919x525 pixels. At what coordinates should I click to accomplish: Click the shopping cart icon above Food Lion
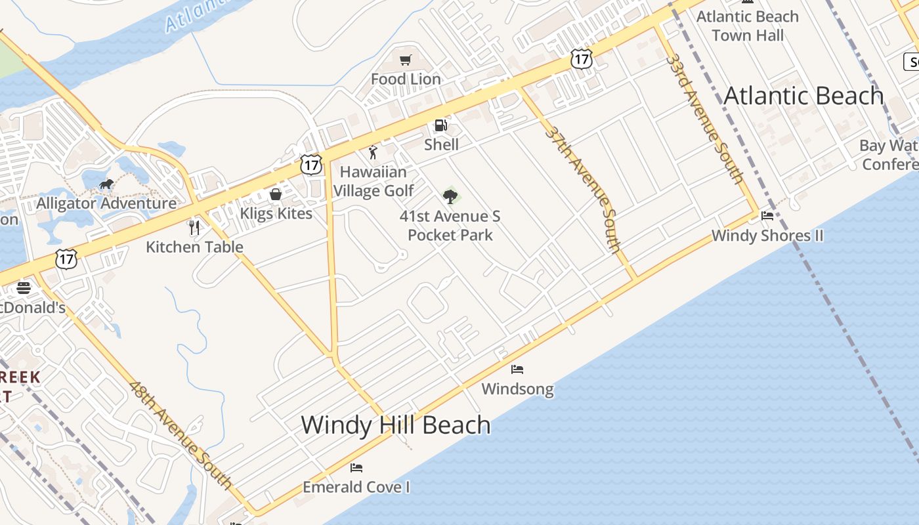[406, 60]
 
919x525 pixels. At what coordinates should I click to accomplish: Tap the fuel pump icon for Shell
[441, 125]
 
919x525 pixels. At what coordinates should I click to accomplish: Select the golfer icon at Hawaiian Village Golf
[373, 153]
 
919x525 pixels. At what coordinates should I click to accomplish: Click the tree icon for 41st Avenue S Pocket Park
[450, 196]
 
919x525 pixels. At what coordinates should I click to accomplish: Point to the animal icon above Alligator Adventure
[106, 184]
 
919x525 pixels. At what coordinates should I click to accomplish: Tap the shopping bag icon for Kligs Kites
[276, 194]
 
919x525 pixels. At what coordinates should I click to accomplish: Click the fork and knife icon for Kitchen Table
[194, 228]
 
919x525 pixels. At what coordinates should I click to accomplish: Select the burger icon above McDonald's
[24, 288]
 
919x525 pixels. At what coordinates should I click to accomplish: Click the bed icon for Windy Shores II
[767, 216]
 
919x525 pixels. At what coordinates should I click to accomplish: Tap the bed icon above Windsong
[517, 369]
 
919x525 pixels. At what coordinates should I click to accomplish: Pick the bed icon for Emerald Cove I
[356, 468]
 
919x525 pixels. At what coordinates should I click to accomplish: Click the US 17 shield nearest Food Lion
[581, 59]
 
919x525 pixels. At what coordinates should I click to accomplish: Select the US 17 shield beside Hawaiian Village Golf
[311, 165]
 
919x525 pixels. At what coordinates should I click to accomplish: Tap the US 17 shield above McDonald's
[66, 259]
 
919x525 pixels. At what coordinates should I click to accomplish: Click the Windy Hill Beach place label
[396, 425]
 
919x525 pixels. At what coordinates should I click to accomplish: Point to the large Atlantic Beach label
[803, 96]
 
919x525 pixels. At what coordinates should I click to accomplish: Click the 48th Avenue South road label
[181, 435]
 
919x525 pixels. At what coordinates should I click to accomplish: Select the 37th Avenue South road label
[583, 189]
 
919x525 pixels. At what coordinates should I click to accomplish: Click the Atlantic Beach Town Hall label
[748, 26]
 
